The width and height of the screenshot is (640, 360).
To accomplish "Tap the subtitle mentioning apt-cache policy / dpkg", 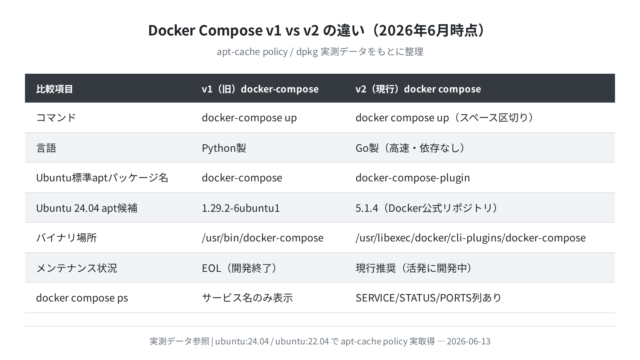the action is tap(320, 52).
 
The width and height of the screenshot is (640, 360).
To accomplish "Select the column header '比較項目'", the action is tap(54, 89).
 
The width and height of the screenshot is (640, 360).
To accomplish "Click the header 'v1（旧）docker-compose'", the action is tap(260, 89).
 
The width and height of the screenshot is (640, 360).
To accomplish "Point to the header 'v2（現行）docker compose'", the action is tap(418, 89).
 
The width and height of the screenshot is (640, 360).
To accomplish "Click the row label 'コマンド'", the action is tap(56, 118).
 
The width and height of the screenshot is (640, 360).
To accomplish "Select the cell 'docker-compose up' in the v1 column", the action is tap(249, 118).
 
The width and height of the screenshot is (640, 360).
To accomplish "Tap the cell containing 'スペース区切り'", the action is tap(444, 118).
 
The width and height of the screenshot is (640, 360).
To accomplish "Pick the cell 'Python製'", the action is tap(224, 148).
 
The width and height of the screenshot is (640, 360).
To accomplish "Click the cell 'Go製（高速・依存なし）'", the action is tap(410, 148).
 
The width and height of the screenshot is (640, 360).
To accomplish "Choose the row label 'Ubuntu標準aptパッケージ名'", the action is tap(102, 178).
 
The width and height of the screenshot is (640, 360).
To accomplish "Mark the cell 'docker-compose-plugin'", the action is tap(413, 178).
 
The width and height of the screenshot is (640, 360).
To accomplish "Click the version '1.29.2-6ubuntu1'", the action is tap(241, 208).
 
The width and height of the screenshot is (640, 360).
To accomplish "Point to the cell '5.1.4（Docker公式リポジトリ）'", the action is tap(427, 208).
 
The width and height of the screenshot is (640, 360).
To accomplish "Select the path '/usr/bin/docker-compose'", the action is tap(262, 238).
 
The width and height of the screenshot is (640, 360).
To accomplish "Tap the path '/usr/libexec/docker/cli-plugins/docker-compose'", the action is tap(471, 238).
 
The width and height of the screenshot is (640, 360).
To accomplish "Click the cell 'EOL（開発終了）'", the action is tap(239, 268).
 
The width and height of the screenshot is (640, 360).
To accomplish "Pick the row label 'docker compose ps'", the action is tap(82, 298).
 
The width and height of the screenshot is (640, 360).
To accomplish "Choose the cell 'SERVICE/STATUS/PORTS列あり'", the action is tap(428, 298).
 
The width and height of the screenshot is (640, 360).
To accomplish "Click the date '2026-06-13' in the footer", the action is tap(469, 341).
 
